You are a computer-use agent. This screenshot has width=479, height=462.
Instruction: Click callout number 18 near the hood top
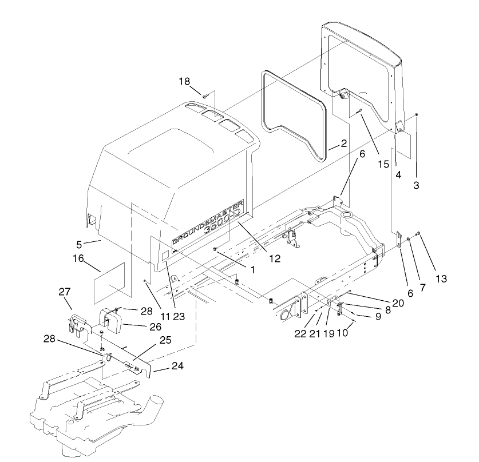[184, 82]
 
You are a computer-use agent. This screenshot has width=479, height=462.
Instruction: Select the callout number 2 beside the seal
[343, 143]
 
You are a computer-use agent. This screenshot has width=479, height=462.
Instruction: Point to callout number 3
[416, 186]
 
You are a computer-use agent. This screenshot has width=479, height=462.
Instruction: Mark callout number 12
[275, 258]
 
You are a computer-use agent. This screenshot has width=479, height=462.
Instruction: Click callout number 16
[78, 260]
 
